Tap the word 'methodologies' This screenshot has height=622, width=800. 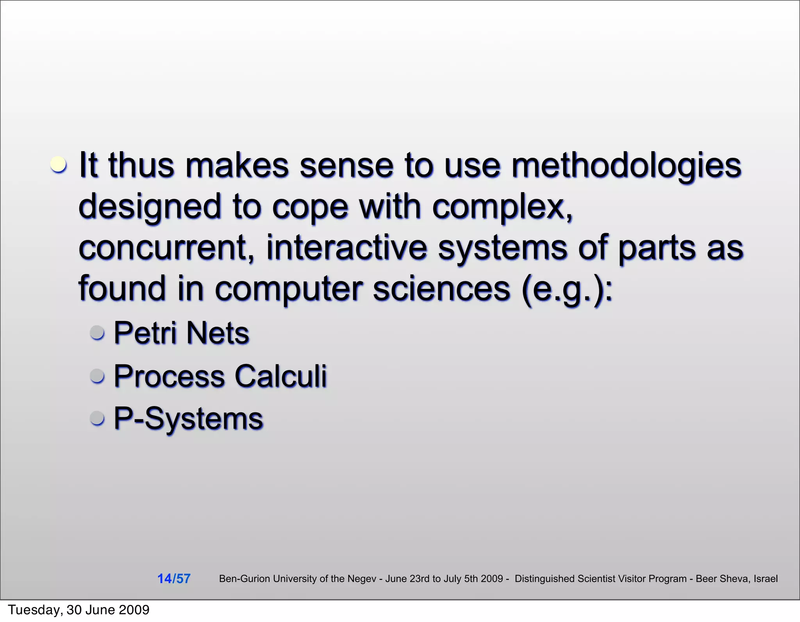pos(626,166)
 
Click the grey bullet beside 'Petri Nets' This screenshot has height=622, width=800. pos(97,333)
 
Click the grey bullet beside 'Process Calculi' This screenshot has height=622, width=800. pos(97,376)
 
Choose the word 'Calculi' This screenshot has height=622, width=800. pos(280,376)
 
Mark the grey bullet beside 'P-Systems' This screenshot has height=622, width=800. pos(97,418)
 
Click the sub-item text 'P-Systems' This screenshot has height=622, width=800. pos(188,419)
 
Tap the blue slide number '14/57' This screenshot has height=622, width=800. pos(174,578)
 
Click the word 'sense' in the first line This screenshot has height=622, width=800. pos(346,166)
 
